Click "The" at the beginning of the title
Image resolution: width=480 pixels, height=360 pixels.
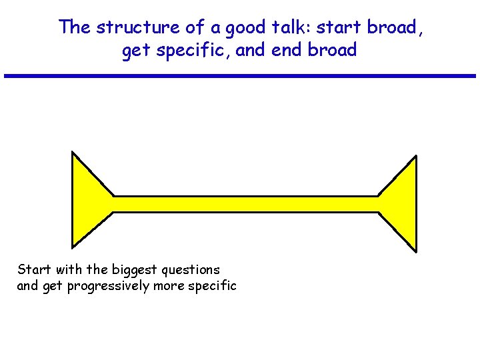73,27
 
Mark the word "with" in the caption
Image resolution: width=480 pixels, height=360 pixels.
69,269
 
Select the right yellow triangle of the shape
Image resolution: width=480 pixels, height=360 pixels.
402,203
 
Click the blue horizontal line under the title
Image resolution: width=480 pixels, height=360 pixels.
240,76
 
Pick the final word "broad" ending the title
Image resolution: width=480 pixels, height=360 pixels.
333,50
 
